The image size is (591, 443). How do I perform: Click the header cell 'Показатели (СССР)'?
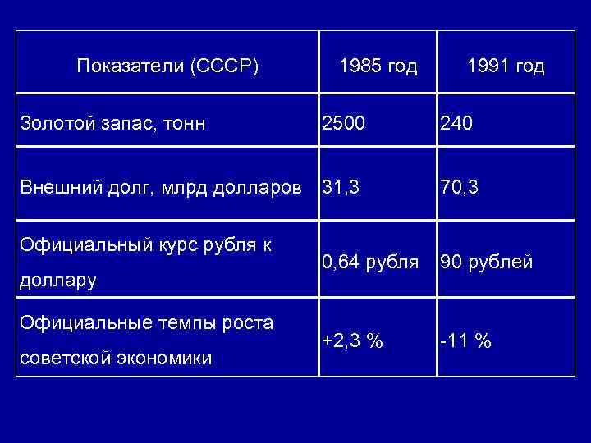[x=167, y=66]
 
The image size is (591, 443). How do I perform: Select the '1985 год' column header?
[x=378, y=66]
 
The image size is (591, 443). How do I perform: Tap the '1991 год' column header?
[x=505, y=66]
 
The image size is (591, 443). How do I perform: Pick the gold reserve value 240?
[x=456, y=124]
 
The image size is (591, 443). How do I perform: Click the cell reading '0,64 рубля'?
[x=371, y=263]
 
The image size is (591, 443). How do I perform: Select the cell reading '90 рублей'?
[x=487, y=263]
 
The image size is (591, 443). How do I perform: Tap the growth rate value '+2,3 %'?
[x=352, y=340]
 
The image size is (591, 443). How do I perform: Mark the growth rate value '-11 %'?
[x=465, y=340]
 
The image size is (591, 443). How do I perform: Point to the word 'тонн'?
[x=186, y=124]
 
